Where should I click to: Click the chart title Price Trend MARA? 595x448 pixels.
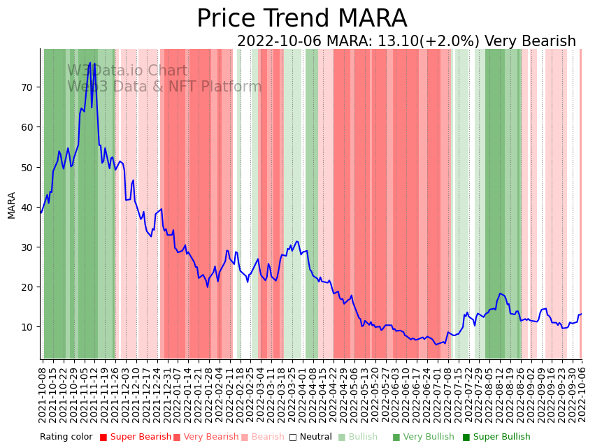(x=301, y=19)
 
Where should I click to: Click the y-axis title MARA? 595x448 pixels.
(x=12, y=205)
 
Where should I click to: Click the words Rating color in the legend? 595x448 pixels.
(x=66, y=437)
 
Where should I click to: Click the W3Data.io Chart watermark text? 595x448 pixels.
(x=127, y=71)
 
